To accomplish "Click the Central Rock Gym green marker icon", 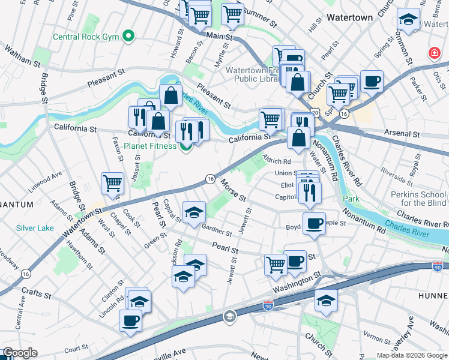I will pyautogui.click(x=128, y=37).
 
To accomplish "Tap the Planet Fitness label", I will pyautogui.click(x=150, y=146).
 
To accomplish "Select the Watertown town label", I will pyautogui.click(x=349, y=18).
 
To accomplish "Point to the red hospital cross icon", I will pyautogui.click(x=432, y=54).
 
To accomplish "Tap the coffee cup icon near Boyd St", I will pyautogui.click(x=314, y=224).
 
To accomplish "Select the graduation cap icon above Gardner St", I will pyautogui.click(x=194, y=212).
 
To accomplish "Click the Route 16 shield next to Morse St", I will pyautogui.click(x=210, y=178).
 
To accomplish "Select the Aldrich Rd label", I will pyautogui.click(x=276, y=161).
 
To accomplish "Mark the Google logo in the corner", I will pyautogui.click(x=19, y=353).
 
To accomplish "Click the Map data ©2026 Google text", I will pyautogui.click(x=411, y=355).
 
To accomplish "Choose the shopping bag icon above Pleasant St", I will pyautogui.click(x=170, y=95).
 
